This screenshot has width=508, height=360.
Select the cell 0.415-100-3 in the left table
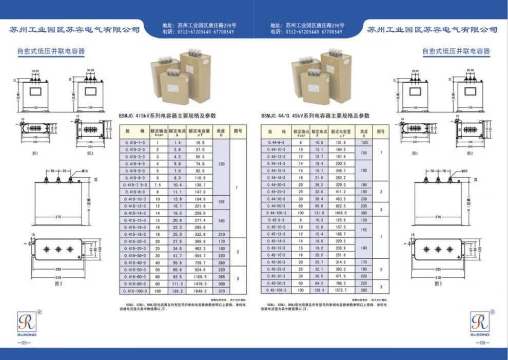point(135,291)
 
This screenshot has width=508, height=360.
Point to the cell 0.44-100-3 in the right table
point(277,212)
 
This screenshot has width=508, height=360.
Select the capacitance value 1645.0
point(341,212)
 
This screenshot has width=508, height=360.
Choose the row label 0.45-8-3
point(277,219)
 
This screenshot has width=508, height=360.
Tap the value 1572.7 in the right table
point(341,290)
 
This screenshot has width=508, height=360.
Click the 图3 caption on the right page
point(438,283)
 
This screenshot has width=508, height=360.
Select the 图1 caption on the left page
point(35,153)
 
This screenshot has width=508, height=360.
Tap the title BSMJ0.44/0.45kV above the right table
point(315,116)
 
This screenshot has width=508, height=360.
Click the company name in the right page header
point(432,30)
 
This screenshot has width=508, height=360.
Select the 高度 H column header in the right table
point(364,132)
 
